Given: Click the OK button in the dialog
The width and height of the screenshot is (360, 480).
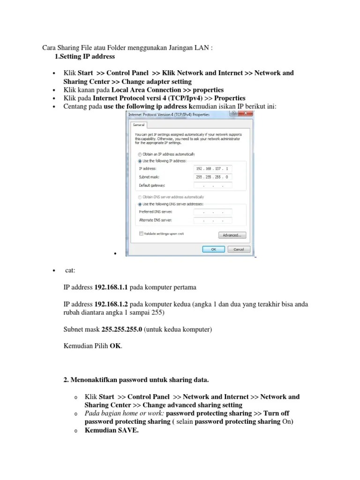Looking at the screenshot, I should pos(213,249).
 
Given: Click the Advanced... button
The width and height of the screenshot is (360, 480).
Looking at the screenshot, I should pos(232,235).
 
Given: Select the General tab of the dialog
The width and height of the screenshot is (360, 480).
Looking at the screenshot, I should pos(138,125).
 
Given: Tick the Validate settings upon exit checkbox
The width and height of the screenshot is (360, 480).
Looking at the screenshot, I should pos(141,233).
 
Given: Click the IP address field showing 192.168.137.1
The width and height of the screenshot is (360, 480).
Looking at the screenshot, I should pos(212,168).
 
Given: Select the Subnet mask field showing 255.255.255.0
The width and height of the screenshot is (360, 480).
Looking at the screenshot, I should pos(212,177).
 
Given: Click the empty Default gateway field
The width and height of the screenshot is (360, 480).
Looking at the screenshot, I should pos(212,185).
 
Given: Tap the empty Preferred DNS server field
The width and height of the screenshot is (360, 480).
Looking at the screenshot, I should pos(212,212).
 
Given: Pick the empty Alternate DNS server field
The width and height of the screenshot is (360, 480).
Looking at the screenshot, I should pos(212,220).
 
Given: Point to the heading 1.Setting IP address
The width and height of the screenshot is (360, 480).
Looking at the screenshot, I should pos(85,57).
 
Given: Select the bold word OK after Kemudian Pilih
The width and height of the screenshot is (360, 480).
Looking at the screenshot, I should pos(115,346).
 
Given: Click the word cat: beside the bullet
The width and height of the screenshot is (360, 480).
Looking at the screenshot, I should pos(70,270).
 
